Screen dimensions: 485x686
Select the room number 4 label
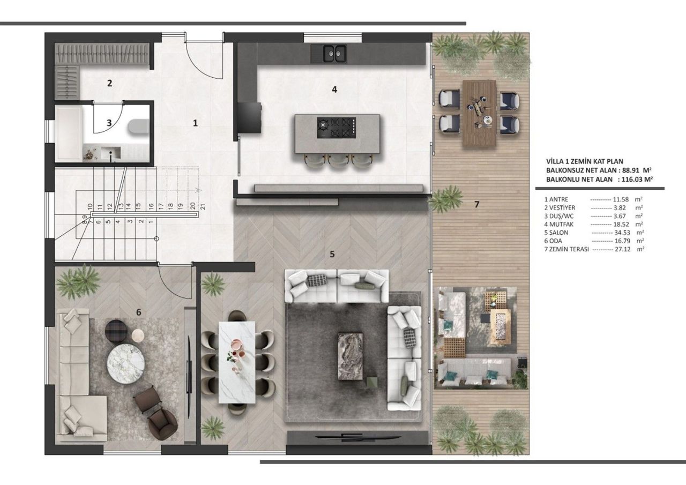tap(334, 89)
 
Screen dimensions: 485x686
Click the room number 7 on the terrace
tap(476, 204)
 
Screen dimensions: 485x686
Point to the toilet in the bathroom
tap(138, 126)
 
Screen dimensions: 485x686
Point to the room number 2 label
tap(109, 83)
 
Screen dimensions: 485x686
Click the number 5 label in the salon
tap(332, 254)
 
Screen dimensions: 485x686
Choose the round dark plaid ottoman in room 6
tap(116, 330)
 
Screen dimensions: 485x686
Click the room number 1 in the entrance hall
tap(196, 123)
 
